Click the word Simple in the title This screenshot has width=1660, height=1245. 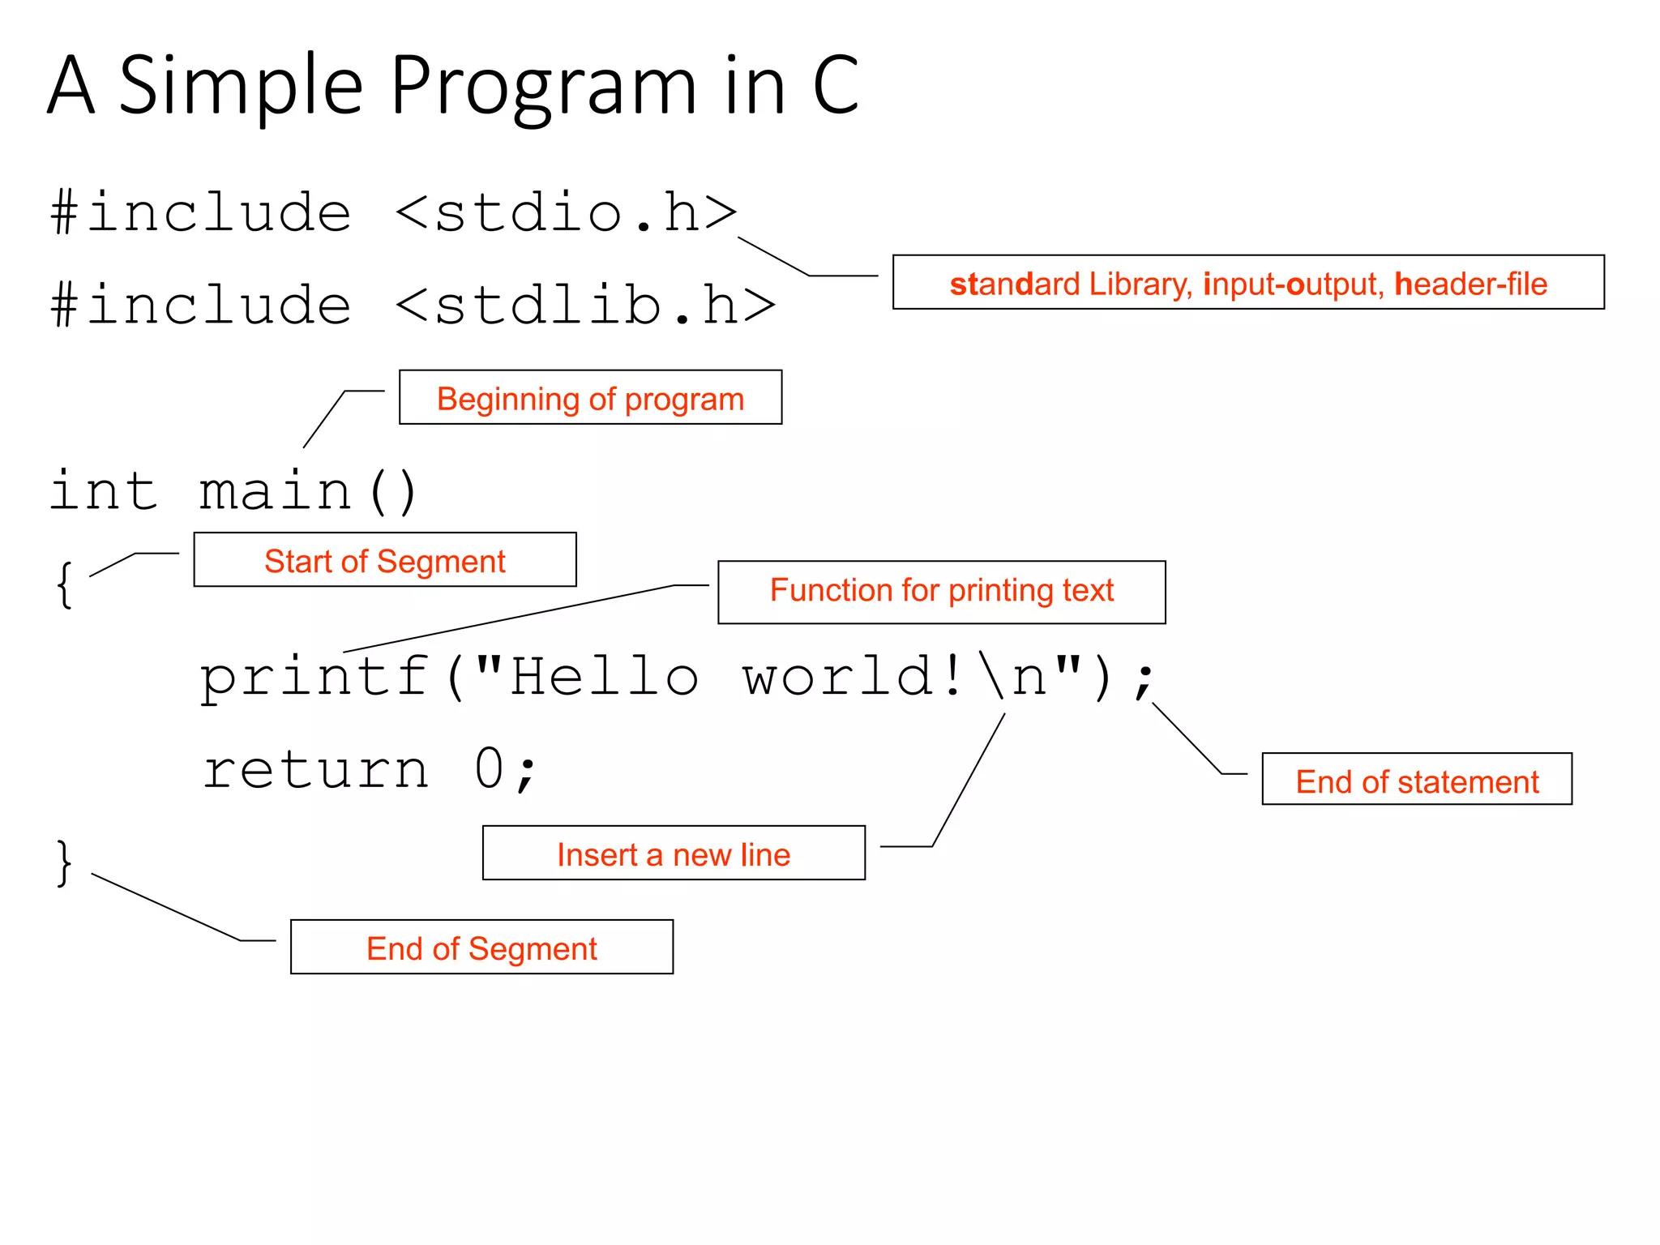click(x=241, y=85)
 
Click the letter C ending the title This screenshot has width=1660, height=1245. click(x=835, y=85)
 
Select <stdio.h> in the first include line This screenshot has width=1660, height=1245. click(x=566, y=213)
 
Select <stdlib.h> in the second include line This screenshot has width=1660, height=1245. click(x=585, y=306)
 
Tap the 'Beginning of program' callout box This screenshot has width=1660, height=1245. click(x=590, y=398)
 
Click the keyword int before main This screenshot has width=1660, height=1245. click(x=103, y=491)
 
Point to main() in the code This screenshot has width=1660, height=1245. click(x=308, y=491)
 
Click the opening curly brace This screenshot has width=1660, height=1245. click(x=65, y=584)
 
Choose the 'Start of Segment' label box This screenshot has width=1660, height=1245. click(x=385, y=560)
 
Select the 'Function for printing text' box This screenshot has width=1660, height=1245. click(x=941, y=592)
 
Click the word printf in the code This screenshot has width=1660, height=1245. click(x=314, y=678)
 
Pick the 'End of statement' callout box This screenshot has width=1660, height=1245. click(x=1416, y=780)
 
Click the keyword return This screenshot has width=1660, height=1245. click(x=315, y=770)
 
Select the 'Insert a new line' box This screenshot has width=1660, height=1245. click(x=674, y=854)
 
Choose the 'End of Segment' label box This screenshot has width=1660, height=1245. click(x=481, y=948)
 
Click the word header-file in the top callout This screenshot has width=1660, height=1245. click(x=1470, y=284)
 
